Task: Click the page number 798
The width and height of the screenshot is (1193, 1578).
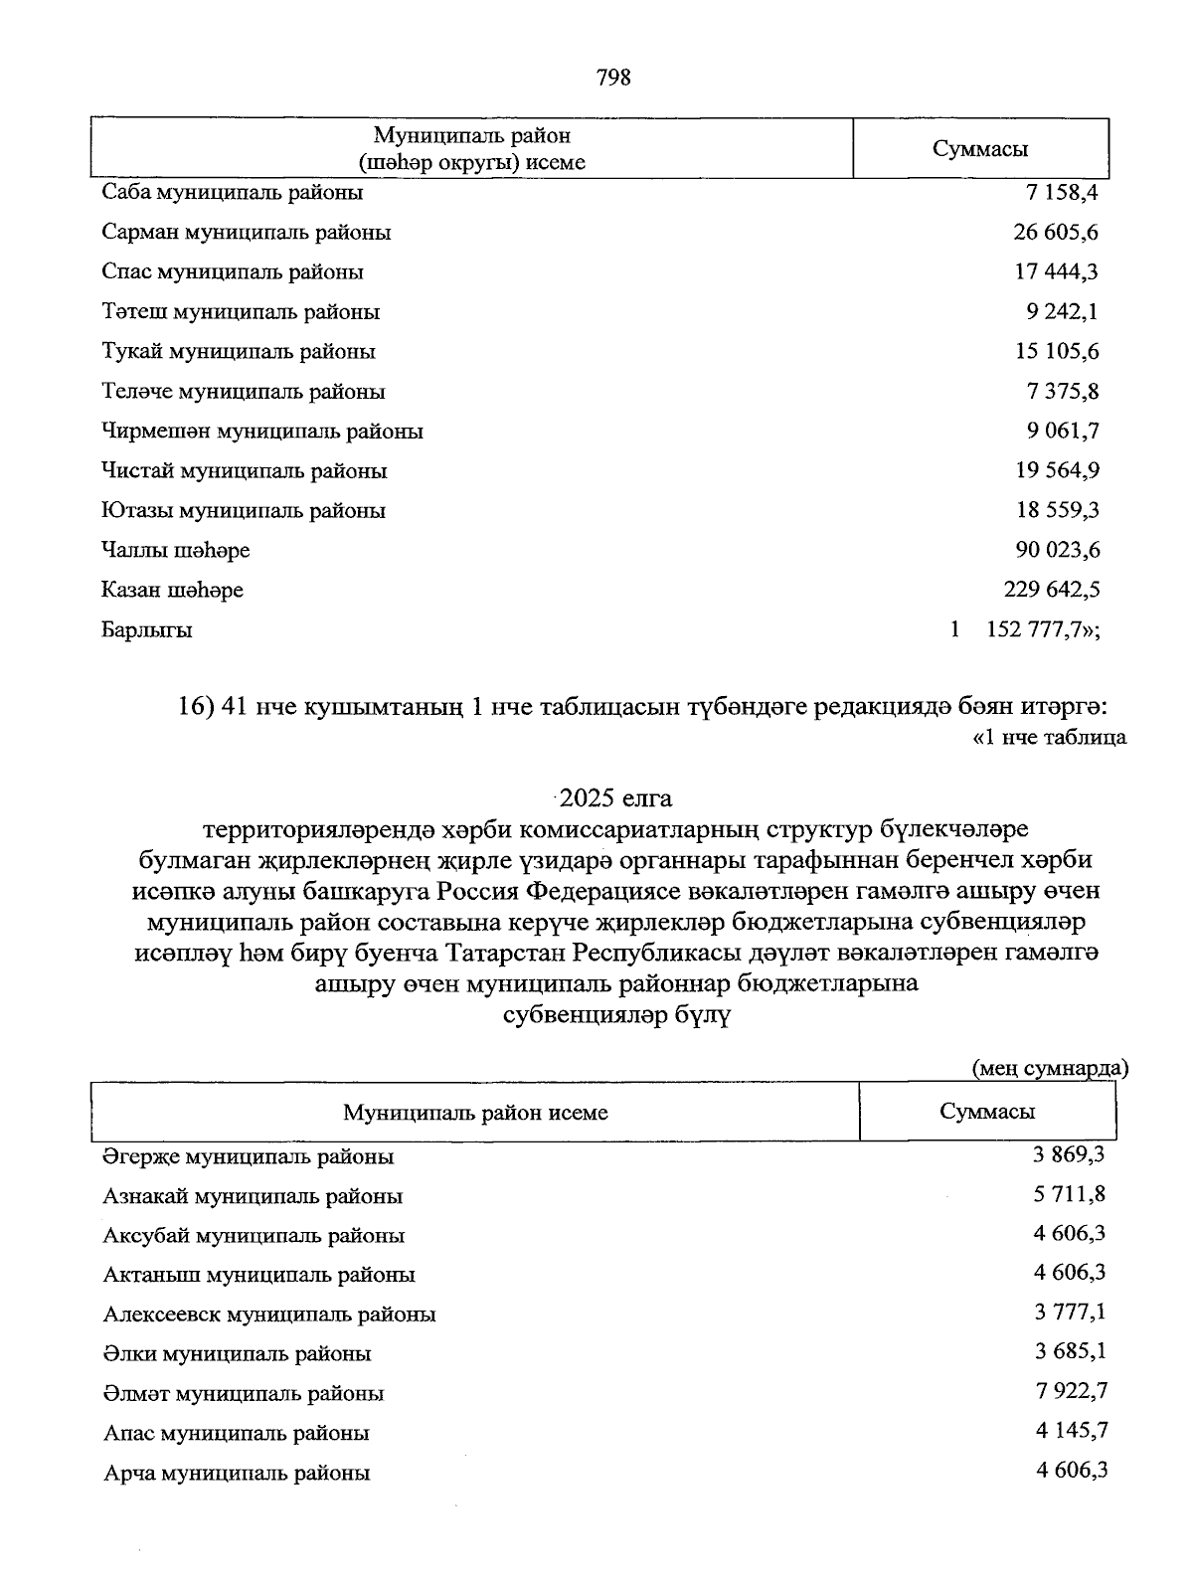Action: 613,78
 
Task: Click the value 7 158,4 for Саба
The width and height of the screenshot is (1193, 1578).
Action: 1062,192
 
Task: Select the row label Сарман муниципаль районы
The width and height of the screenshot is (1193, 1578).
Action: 247,232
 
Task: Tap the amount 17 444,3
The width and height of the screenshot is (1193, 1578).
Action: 1056,271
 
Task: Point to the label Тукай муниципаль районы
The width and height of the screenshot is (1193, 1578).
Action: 239,351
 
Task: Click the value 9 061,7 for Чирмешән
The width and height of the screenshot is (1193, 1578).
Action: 1062,431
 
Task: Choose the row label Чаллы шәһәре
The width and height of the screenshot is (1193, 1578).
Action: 176,550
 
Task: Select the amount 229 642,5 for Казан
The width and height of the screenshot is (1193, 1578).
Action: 1051,590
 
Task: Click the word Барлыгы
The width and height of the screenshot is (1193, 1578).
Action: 147,629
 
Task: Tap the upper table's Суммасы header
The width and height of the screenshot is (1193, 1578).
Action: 980,149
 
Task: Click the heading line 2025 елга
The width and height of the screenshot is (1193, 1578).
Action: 615,797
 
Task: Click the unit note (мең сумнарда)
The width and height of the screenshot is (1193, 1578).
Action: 1050,1068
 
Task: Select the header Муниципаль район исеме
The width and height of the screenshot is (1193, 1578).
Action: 475,1112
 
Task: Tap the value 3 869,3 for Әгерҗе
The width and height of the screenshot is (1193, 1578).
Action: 1070,1154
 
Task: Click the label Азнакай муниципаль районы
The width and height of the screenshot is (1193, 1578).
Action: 253,1196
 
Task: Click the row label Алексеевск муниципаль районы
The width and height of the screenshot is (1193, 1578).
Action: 269,1315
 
